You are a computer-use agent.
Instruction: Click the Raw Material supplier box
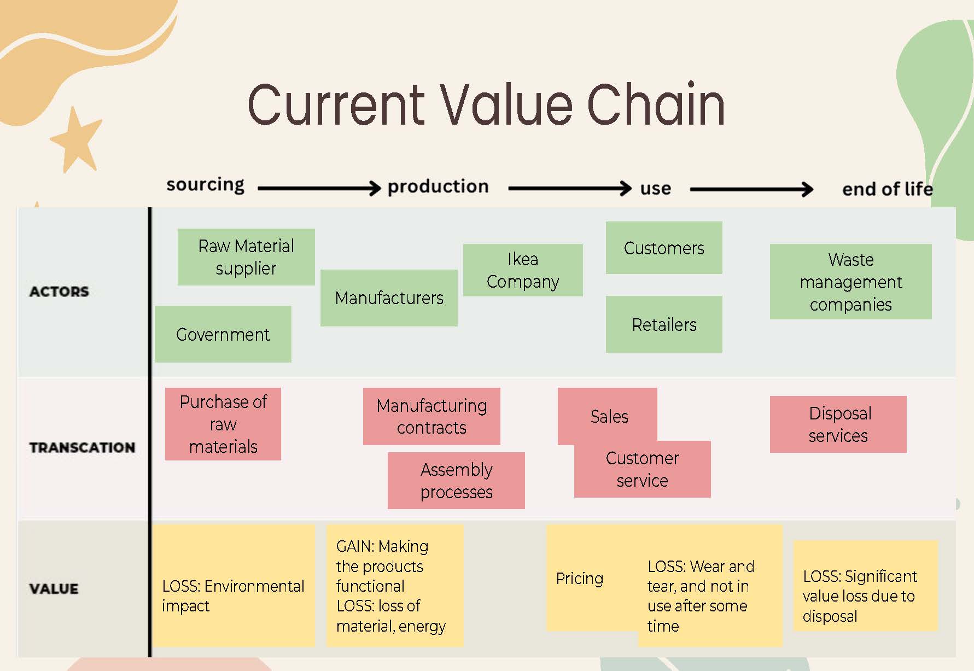point(246,257)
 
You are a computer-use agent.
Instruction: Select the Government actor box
point(223,334)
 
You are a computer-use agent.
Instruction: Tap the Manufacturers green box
point(389,298)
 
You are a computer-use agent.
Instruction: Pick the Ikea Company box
point(523,270)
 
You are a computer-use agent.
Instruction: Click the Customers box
point(664,248)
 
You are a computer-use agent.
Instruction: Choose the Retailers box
point(664,324)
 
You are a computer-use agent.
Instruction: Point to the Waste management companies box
point(850,282)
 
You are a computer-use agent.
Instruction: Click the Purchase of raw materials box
point(223,424)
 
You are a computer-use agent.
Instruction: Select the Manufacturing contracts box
point(431,416)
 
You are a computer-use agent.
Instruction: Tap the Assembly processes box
point(456,481)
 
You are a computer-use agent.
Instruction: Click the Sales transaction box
point(608,416)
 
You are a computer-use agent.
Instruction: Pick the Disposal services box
point(838,424)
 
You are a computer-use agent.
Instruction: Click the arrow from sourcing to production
point(319,188)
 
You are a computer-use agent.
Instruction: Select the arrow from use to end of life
point(751,189)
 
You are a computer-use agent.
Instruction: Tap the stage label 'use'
point(655,188)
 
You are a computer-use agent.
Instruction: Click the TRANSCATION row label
point(82,447)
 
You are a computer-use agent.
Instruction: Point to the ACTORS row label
point(59,291)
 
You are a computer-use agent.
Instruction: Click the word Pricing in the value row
point(580,579)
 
